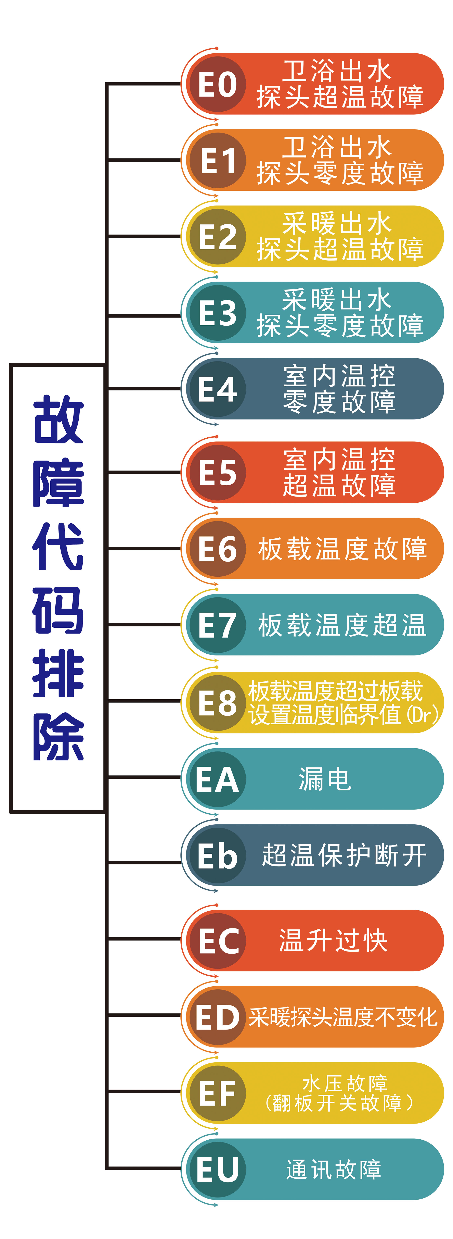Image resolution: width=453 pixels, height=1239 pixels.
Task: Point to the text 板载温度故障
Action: tap(342, 548)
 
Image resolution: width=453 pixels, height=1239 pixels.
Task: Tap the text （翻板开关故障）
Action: tap(339, 1102)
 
